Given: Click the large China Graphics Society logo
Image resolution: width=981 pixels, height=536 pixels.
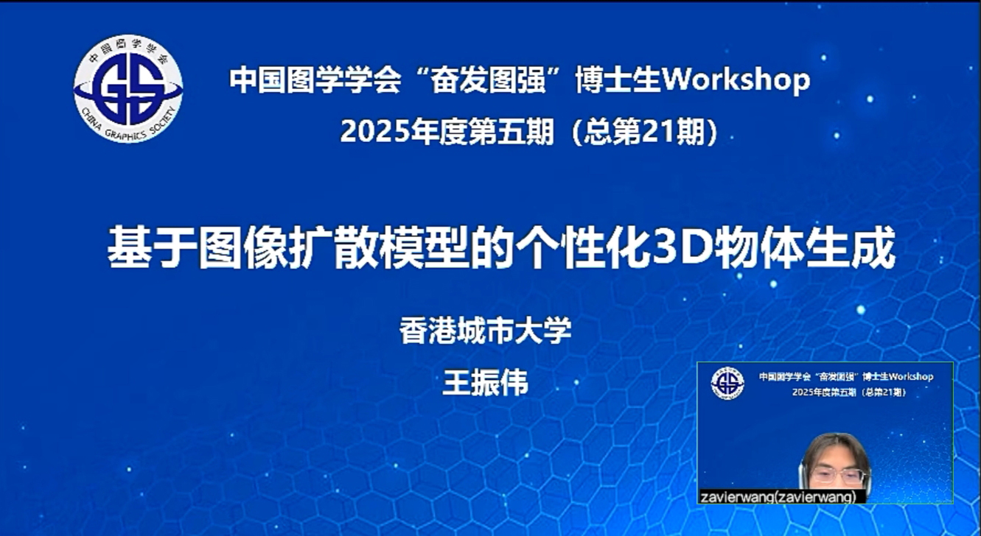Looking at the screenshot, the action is point(128,88).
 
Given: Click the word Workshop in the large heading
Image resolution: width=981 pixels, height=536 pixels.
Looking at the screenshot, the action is point(736,80).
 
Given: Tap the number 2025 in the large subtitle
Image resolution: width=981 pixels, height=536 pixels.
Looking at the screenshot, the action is point(375,131).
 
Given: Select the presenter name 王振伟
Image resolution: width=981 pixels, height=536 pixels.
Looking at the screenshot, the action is point(485,382).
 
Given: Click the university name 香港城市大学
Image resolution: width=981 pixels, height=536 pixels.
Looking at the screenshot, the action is point(485,330).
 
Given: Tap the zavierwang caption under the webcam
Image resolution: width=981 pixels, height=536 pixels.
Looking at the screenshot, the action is point(778,497).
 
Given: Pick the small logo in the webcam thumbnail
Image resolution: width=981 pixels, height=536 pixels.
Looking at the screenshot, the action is point(727,384).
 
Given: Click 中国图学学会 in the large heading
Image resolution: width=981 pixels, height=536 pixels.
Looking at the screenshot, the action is point(315,80).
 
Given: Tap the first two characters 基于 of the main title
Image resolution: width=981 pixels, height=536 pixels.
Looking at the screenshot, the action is point(153,247).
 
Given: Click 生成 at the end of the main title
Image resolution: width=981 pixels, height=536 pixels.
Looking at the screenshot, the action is point(851,247).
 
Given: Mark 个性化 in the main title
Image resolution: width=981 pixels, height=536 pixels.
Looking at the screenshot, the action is point(583,247).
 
